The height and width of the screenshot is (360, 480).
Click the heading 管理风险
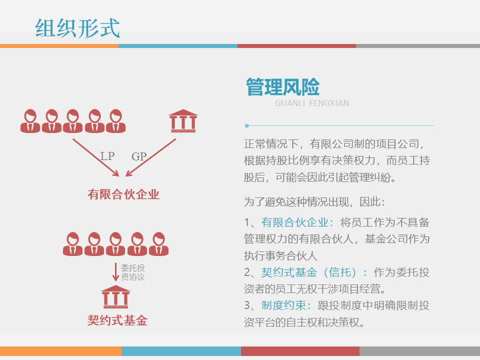point(282,87)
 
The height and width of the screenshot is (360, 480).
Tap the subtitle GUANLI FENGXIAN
point(312,103)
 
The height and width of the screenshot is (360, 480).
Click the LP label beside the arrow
point(107,156)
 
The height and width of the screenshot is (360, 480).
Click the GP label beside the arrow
point(139,156)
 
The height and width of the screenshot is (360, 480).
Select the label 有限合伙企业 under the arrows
point(123,194)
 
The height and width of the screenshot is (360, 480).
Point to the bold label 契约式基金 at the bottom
point(117,320)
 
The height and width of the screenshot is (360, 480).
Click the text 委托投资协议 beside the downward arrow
point(132,272)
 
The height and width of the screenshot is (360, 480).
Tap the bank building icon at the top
point(182,120)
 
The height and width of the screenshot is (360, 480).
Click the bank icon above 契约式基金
point(115,297)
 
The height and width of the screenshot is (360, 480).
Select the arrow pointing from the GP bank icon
point(151,157)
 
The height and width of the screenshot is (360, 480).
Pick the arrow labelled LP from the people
point(95,157)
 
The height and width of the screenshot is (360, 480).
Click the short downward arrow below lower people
point(115,272)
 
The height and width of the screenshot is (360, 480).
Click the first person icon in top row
point(30,121)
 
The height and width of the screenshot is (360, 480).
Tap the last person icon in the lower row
point(158,244)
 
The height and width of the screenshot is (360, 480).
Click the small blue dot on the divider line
point(246,125)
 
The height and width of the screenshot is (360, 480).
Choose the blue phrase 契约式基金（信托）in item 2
point(314,272)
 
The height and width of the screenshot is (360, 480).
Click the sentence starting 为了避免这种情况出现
point(313,202)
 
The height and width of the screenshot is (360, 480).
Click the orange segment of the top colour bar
point(59,46)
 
